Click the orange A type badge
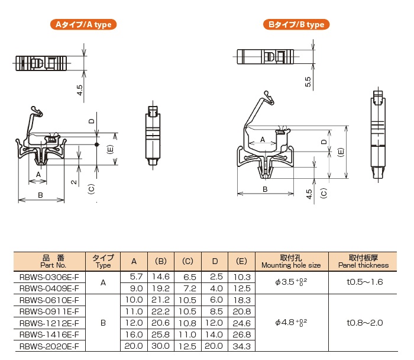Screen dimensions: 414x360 click(83, 24)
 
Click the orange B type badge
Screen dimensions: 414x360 click(296, 24)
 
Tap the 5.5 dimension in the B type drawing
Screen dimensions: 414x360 click(308, 82)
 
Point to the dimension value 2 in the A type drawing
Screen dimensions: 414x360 click(74, 182)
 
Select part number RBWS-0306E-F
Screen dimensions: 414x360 click(49, 277)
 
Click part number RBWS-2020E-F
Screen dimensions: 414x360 click(49, 346)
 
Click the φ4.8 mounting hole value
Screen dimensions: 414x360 click(291, 322)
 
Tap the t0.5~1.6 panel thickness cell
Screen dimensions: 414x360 click(365, 282)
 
